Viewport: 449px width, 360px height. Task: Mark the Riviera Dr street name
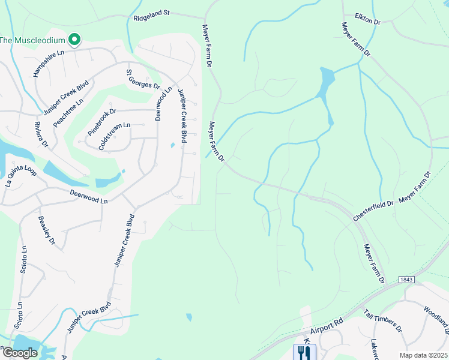[x=41, y=134]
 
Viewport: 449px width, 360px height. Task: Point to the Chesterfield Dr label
[x=373, y=212]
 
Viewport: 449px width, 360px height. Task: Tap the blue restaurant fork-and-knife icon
[x=303, y=352]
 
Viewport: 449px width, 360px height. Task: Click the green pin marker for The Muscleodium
[x=74, y=40]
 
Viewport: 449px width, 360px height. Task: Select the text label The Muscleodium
[x=31, y=40]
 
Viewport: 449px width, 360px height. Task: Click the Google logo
[x=19, y=353]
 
